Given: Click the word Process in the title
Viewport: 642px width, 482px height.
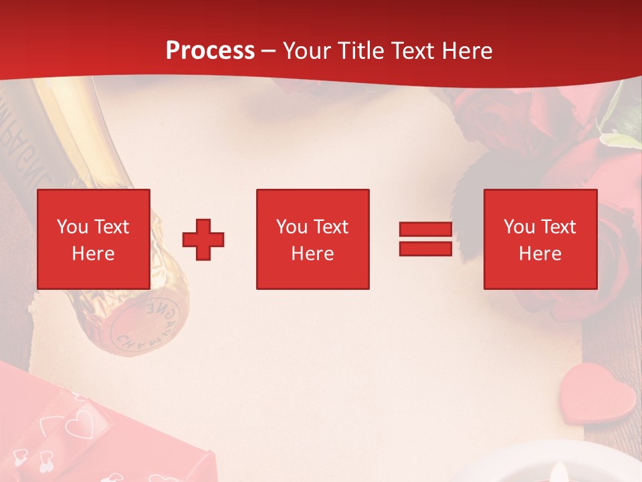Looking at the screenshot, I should (x=210, y=51).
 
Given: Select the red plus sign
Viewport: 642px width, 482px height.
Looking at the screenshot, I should (x=203, y=240).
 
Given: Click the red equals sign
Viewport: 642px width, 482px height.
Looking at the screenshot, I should (x=425, y=239).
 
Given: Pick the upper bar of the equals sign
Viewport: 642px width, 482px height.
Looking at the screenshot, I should (x=425, y=230).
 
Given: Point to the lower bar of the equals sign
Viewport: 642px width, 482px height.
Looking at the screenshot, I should (x=425, y=248).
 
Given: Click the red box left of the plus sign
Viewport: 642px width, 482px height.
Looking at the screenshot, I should (x=94, y=239).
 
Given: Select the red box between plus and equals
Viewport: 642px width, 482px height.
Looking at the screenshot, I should (x=312, y=239).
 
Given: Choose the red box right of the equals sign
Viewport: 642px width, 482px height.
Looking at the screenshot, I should (x=540, y=239).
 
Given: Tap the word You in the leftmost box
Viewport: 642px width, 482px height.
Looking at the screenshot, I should (x=72, y=226).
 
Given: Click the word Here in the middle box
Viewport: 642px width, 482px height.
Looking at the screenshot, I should (x=312, y=254).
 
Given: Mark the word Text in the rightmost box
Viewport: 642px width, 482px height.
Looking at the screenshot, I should (x=558, y=227).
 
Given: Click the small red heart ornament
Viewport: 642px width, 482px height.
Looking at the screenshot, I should (x=597, y=394).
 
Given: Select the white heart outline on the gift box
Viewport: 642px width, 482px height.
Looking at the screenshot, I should (x=81, y=422).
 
